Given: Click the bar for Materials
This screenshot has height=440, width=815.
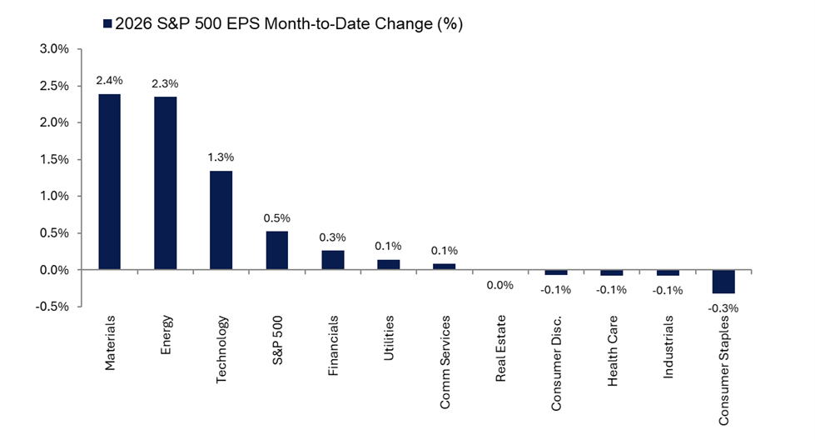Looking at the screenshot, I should point(110,182).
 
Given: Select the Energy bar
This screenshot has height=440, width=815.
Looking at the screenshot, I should point(165,183).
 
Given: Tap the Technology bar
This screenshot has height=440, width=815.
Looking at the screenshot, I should point(221,220).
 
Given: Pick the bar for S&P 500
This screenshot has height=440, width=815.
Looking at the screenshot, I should point(276,250).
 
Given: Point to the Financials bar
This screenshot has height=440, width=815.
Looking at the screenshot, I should point(332,260).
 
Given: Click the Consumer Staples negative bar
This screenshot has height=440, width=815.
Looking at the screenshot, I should point(723,282).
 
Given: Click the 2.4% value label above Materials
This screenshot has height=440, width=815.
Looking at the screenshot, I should point(110,81).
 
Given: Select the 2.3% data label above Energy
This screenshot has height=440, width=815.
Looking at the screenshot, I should point(165,84).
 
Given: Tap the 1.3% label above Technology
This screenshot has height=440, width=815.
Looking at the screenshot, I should point(221,157).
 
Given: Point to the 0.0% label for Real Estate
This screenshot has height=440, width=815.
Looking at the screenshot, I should point(499,285).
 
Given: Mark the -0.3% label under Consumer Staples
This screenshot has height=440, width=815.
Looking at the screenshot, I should point(723,307).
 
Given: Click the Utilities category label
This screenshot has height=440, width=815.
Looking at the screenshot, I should point(389,337).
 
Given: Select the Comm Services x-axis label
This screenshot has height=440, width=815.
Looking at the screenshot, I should point(445,352).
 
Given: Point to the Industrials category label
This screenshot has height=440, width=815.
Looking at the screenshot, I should point(668,343).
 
